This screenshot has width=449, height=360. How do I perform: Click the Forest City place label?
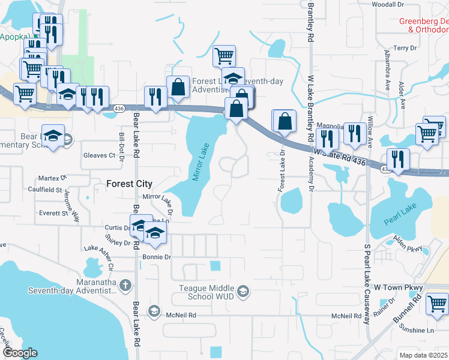tap(129, 184)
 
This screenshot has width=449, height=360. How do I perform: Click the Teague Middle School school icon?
tap(243, 292)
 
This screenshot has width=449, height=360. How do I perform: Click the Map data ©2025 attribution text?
tap(424, 355)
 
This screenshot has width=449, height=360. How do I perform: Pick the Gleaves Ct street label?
tap(99, 155)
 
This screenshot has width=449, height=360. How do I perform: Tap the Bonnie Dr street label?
tap(157, 257)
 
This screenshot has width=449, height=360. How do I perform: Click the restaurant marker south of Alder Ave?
tap(398, 159)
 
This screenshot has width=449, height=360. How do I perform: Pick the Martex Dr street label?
tap(52, 178)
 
